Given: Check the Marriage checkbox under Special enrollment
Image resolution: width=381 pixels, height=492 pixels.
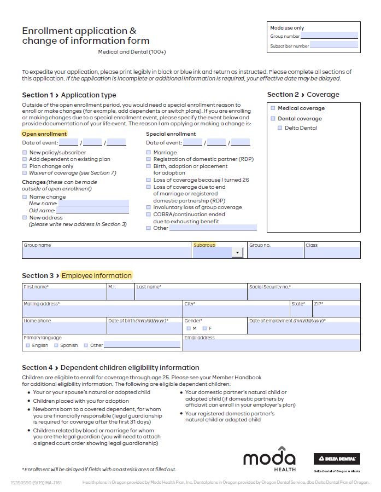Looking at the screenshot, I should pyautogui.click(x=149, y=153).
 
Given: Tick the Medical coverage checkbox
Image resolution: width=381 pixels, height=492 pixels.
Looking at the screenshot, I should pyautogui.click(x=273, y=108).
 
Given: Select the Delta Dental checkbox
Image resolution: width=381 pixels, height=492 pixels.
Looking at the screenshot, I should pyautogui.click(x=280, y=128).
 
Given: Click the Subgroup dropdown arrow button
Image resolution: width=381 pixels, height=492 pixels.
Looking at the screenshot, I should pyautogui.click(x=237, y=252).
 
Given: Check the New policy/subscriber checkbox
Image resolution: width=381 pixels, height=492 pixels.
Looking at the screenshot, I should pyautogui.click(x=25, y=153).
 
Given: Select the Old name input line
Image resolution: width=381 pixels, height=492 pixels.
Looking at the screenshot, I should pyautogui.click(x=92, y=210).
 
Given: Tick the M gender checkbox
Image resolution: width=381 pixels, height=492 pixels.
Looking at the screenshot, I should pyautogui.click(x=189, y=328).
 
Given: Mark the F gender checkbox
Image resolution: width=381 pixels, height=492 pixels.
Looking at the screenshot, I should pyautogui.click(x=205, y=328).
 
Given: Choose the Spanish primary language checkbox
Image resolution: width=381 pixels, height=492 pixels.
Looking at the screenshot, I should pyautogui.click(x=56, y=345).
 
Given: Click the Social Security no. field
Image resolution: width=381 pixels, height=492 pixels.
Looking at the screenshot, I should pyautogui.click(x=304, y=294).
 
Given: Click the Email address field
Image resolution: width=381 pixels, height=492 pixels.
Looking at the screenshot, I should pyautogui.click(x=271, y=345).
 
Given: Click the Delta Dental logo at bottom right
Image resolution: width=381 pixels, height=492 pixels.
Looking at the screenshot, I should pyautogui.click(x=336, y=460).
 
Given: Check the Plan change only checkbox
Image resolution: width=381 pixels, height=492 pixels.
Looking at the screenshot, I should pyautogui.click(x=25, y=166).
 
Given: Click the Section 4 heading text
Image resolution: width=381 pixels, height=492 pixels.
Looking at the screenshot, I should pyautogui.click(x=110, y=368).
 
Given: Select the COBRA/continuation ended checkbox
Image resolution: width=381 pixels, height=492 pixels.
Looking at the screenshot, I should pyautogui.click(x=149, y=215).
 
